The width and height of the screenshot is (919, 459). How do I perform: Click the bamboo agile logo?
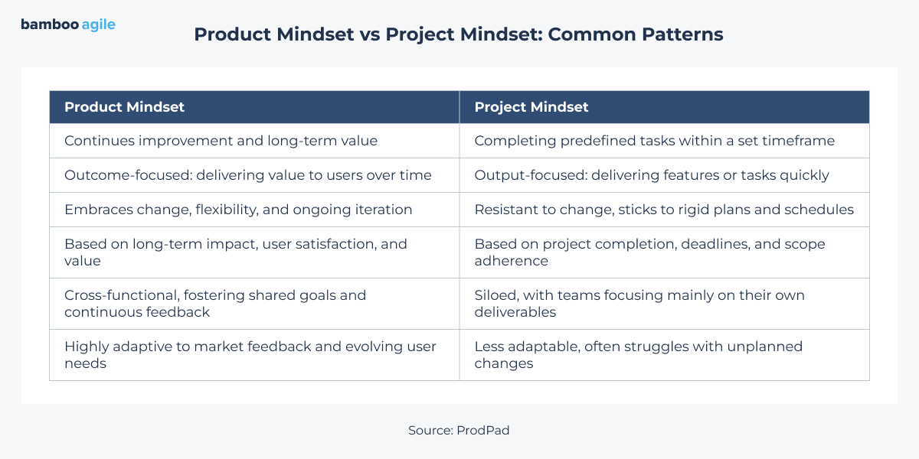pos(68,24)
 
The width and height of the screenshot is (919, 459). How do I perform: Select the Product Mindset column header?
pos(124,107)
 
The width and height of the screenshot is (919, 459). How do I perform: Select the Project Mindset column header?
pos(531,107)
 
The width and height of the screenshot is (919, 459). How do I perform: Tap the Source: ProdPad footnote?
pos(459,430)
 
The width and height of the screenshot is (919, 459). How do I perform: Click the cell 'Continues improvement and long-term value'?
pos(221,141)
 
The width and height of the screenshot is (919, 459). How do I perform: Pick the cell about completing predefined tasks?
pos(654,141)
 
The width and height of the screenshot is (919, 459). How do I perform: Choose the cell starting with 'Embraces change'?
pos(238,210)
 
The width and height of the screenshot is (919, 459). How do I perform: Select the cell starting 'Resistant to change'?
pos(664,210)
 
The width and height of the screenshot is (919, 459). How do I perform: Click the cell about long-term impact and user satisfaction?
pos(236,252)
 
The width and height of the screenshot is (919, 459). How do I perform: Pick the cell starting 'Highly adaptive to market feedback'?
pos(250,354)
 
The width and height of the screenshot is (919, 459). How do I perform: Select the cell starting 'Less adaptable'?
pos(638,354)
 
